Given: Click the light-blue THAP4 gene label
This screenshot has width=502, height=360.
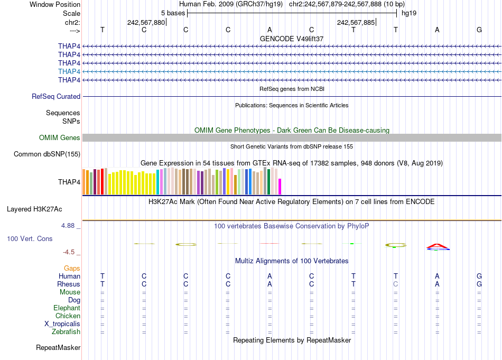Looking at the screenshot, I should pyautogui.click(x=69, y=71).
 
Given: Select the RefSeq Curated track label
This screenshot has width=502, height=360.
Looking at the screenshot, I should pyautogui.click(x=56, y=97).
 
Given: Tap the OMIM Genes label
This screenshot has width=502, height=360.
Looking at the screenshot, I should pyautogui.click(x=60, y=138).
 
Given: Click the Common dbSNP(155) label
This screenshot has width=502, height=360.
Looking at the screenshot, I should pyautogui.click(x=47, y=154).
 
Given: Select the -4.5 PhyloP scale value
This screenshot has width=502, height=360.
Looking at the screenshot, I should pyautogui.click(x=69, y=252).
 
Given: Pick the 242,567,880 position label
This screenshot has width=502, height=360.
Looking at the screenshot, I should pyautogui.click(x=146, y=22).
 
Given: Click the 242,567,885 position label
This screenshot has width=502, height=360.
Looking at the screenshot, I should pyautogui.click(x=355, y=22).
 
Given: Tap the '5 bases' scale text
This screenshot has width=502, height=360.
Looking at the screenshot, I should pyautogui.click(x=173, y=13).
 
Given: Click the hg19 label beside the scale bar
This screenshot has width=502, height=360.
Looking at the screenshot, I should pyautogui.click(x=408, y=13).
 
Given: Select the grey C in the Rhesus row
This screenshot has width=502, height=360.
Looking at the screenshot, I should pyautogui.click(x=395, y=284).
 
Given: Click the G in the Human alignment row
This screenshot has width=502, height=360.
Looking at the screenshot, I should pyautogui.click(x=479, y=276).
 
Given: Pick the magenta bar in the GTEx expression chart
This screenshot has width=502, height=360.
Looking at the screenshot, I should pyautogui.click(x=280, y=187).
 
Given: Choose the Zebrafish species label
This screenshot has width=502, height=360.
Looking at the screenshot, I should pyautogui.click(x=66, y=332).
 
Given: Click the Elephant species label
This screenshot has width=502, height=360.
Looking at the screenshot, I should pyautogui.click(x=67, y=308).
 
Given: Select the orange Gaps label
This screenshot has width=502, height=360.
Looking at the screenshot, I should pyautogui.click(x=72, y=269).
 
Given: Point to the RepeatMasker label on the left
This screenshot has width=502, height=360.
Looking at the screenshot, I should pyautogui.click(x=58, y=348).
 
